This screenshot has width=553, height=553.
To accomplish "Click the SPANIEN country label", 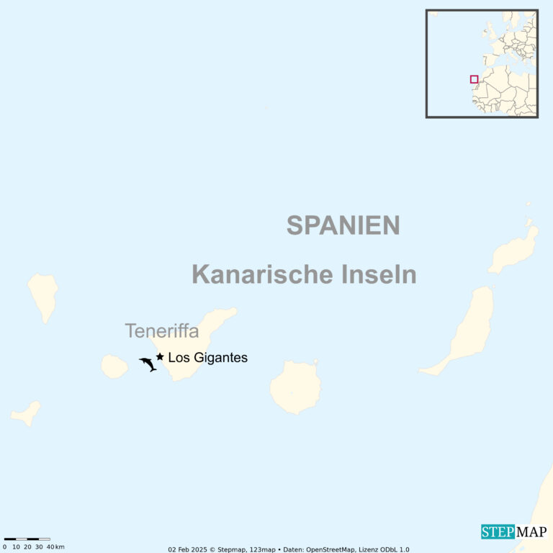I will point(343,225).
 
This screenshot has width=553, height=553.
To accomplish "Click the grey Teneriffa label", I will point(161,331).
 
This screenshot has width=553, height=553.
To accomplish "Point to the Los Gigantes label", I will point(207,357).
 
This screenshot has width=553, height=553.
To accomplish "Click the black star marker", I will point(160,356).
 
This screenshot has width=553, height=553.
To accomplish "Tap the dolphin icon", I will point(148,364).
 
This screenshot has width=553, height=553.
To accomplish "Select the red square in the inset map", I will point(474,79).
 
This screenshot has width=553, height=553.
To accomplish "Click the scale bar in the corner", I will point(27,539).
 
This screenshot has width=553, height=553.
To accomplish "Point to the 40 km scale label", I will point(54,547).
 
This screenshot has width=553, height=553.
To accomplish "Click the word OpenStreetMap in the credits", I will point(331,549).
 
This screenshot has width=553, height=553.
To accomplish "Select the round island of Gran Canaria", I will point(295,387).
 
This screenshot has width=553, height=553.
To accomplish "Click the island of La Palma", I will point(43,295).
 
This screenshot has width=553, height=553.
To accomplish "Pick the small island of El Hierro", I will point(26,413).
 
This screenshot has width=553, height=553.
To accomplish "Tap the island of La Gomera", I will point(114,366).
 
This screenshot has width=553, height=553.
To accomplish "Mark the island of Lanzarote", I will point(514,248).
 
